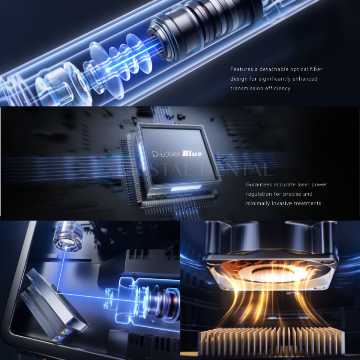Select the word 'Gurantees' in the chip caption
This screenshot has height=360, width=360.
[259, 184]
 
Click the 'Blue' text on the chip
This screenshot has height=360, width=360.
[192, 154]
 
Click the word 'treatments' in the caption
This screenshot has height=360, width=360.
[308, 203]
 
